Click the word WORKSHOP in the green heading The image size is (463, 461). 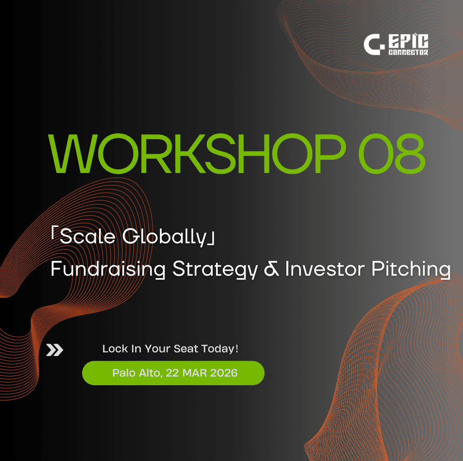197,153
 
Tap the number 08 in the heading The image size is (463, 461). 392,153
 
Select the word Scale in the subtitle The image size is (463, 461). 87,236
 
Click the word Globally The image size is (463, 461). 164,237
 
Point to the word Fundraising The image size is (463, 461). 108,269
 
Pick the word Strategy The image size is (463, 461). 215,269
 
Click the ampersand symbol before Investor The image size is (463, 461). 271,269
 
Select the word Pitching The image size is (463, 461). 411,269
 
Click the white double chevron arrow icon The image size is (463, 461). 55,350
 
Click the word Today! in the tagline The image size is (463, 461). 220,349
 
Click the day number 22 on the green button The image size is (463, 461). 172,373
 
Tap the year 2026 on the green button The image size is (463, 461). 224,373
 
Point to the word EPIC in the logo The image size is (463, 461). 408,41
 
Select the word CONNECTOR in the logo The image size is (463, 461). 408,52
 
